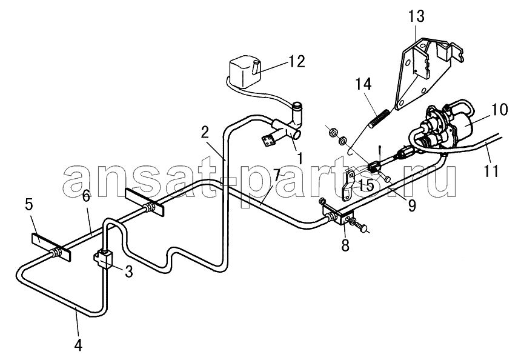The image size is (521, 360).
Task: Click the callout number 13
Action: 416,16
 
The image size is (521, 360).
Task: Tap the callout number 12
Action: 296,61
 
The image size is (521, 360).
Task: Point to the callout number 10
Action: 499,109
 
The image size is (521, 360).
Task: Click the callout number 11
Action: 492,171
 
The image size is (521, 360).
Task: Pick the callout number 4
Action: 78,345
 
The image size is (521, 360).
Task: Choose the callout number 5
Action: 29,205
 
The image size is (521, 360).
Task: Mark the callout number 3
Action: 128,272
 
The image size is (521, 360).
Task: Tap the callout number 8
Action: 345,245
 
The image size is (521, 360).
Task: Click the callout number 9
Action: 411,206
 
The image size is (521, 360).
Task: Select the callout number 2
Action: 205,133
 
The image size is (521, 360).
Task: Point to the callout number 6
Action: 86,196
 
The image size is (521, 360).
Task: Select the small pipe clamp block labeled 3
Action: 104,259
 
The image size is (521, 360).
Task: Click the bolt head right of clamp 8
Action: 363,228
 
